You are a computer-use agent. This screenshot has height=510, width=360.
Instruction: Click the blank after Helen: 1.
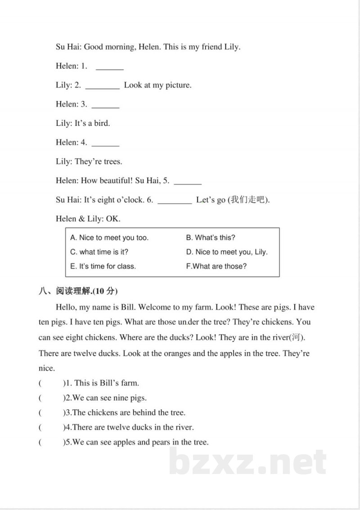110,67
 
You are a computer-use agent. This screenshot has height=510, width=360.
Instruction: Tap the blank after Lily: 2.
102,86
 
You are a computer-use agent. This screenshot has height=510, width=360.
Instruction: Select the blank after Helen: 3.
105,106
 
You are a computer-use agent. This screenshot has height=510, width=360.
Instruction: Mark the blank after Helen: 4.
105,144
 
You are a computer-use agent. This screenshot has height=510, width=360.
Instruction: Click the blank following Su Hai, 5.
188,182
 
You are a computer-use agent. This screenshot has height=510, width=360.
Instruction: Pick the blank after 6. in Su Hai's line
175,201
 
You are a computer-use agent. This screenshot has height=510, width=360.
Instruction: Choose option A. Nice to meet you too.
109,238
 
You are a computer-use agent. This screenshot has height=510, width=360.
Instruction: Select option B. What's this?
211,238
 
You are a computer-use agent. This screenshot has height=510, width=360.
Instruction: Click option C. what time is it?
102,252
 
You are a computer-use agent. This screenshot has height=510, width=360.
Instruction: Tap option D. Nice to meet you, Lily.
227,252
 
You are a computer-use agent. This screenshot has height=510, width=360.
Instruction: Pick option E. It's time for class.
103,266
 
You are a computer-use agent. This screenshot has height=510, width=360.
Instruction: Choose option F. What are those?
216,266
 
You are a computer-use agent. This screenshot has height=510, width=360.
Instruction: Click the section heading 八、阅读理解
78,291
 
